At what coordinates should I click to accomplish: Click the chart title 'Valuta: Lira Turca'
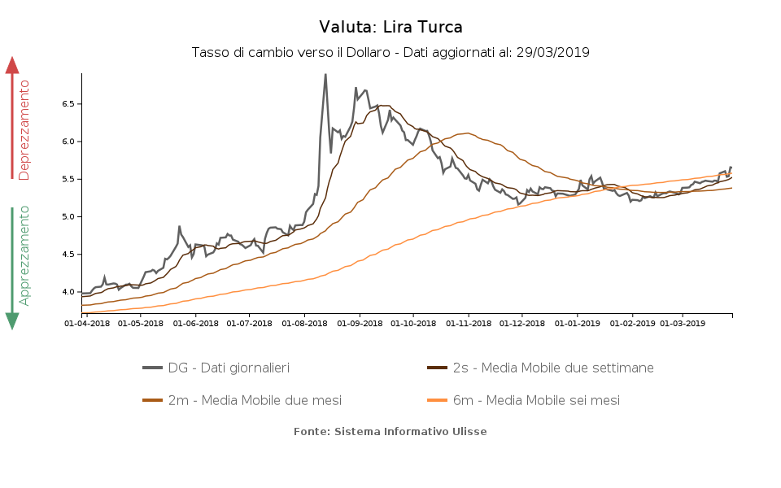tap(390, 28)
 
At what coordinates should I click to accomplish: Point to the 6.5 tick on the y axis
tap(68, 104)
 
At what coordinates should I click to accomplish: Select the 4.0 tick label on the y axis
tap(68, 292)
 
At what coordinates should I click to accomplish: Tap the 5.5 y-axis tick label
tap(68, 179)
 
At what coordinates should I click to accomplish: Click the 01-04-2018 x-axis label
tap(86, 323)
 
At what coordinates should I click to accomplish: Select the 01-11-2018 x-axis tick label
tap(468, 323)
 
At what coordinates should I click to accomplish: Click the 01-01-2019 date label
tap(577, 323)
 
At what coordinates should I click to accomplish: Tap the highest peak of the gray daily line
tap(325, 75)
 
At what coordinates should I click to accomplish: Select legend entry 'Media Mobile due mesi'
tap(254, 400)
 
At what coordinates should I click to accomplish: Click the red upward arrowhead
tap(12, 65)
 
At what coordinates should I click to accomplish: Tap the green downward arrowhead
tap(12, 320)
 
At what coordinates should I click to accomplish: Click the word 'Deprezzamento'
tap(24, 130)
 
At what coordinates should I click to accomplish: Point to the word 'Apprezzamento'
tap(24, 255)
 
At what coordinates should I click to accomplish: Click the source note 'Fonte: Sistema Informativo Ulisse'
tap(390, 432)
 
